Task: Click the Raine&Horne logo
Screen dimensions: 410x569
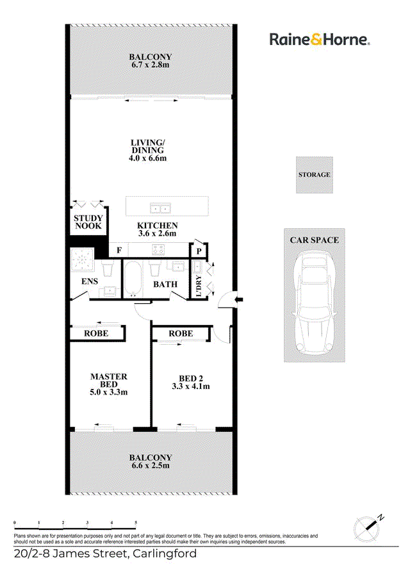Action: (319, 39)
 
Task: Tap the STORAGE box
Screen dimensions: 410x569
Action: (314, 175)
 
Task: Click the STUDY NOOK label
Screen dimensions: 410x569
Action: (88, 222)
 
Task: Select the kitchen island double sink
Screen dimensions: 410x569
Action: (160, 209)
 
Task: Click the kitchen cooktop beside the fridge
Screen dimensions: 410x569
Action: (158, 250)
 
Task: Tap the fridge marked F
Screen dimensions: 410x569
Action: (119, 250)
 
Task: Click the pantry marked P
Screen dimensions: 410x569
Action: (199, 251)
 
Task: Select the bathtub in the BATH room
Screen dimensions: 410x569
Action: (132, 278)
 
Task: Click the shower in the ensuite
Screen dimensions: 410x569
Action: (81, 260)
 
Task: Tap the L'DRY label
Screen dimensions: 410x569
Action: (199, 286)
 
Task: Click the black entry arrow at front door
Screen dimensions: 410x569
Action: (239, 299)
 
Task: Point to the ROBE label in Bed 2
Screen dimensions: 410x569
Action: (181, 333)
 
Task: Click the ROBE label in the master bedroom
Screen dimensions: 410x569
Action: (96, 333)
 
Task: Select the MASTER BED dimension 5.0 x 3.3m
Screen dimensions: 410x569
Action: (108, 392)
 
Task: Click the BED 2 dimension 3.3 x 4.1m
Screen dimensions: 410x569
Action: (191, 386)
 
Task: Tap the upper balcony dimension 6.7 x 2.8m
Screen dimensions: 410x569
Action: (150, 65)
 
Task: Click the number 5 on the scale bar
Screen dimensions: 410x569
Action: (136, 523)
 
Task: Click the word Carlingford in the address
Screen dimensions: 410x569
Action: (165, 554)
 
